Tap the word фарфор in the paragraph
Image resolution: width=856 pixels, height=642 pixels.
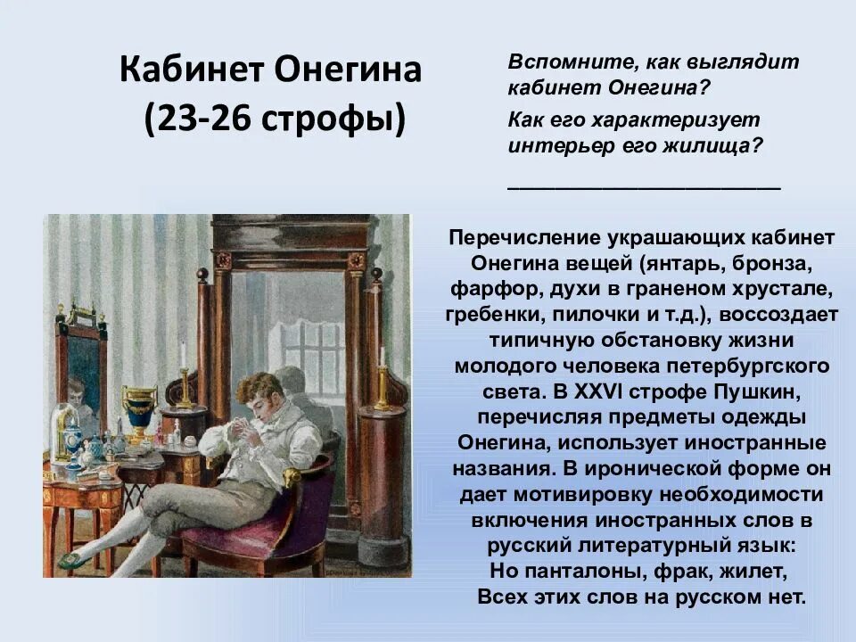[482, 290]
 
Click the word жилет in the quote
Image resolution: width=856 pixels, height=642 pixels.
[758, 571]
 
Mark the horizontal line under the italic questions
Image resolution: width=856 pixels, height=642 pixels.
[643, 188]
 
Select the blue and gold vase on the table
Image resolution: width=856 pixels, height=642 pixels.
[139, 411]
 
